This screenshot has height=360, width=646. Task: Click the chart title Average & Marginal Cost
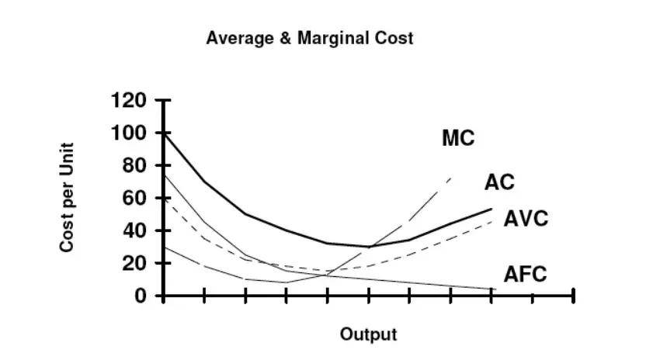tap(309, 37)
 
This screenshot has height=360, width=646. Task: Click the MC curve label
tap(458, 138)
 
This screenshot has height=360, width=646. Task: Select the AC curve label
tap(499, 182)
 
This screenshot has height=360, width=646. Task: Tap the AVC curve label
tap(526, 219)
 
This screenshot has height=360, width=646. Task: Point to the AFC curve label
tap(526, 274)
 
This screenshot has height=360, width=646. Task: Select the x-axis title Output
tap(368, 335)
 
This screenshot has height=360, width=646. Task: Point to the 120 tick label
tap(128, 101)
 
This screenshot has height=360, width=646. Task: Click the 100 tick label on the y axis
tap(128, 133)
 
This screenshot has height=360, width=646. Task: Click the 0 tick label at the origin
tap(141, 296)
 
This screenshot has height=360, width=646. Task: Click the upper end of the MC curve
tap(450, 178)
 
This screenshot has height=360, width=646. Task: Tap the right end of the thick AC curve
tap(491, 209)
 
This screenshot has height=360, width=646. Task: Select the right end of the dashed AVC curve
tap(491, 221)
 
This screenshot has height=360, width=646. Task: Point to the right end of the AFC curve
tap(491, 289)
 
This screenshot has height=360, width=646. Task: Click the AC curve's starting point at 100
tap(164, 134)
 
